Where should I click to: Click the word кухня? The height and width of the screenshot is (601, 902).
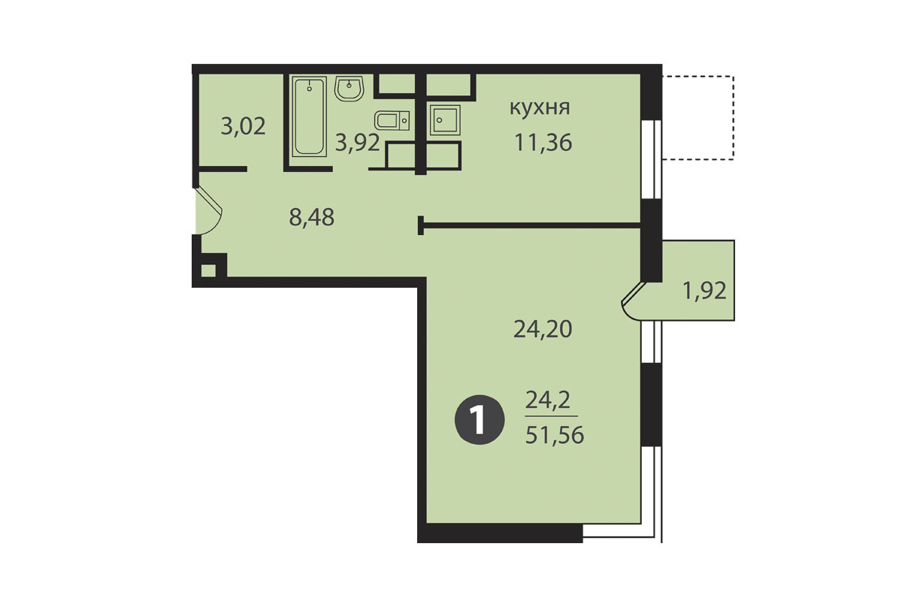540,109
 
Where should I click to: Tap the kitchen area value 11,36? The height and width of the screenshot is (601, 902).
543,143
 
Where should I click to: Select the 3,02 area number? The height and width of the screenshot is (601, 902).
244,126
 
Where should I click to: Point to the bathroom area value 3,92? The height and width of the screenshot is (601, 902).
358,143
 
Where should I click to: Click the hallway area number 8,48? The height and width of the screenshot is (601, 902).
312,217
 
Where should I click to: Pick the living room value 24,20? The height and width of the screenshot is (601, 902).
543,329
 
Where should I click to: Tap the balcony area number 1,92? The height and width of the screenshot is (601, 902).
705,291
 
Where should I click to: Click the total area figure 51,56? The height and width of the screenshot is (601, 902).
555,435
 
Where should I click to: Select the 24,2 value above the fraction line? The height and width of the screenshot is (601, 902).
548,400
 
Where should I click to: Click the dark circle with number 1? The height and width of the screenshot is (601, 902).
480,420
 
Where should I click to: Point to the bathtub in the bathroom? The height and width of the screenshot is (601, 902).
309,116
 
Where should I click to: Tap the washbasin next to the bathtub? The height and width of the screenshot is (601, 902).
349,88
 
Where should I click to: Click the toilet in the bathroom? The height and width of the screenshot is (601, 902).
392,120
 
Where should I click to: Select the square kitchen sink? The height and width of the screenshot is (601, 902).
445,120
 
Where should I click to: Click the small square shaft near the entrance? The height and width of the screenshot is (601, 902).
207,270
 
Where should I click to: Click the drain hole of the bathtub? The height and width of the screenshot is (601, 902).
309,89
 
